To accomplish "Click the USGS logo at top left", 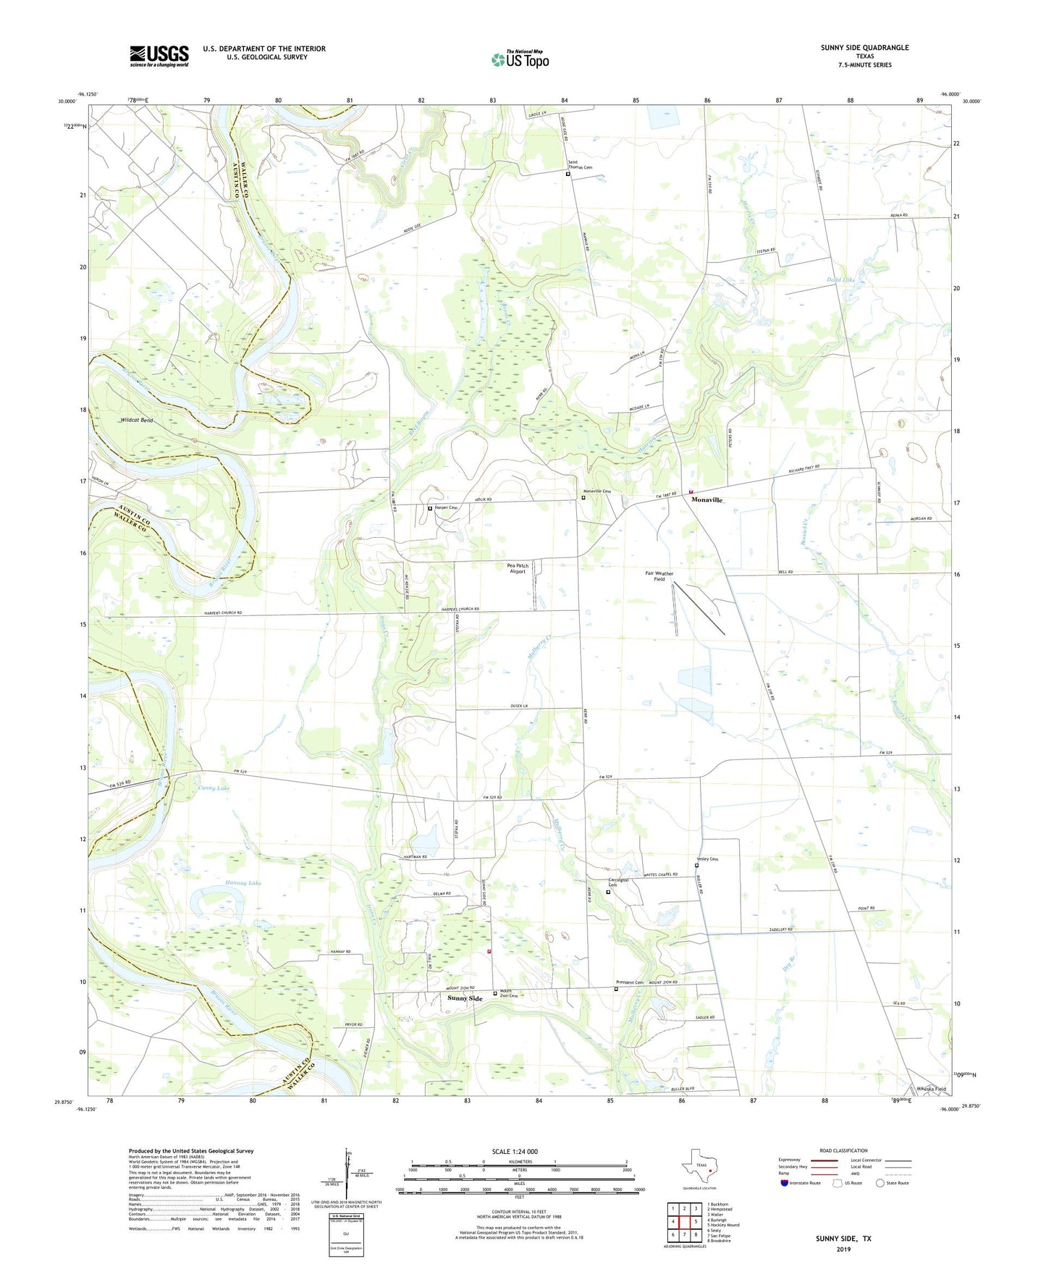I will [x=159, y=56].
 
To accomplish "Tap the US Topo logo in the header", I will [x=520, y=59].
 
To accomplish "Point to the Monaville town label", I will [x=707, y=500].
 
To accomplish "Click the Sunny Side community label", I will [x=465, y=998].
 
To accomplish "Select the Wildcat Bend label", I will [x=136, y=420].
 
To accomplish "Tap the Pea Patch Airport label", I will [x=518, y=568].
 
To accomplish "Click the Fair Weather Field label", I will [x=659, y=576].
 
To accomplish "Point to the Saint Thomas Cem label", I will [x=580, y=164].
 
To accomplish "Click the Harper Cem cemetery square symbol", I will [x=430, y=509].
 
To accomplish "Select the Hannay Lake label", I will [x=223, y=883].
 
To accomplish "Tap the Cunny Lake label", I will [x=214, y=788].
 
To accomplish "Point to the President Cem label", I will [x=630, y=982].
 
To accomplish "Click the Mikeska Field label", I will [x=931, y=1089].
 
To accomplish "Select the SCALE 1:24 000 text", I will [x=515, y=1152].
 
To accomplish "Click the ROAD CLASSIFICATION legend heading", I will [x=843, y=1150].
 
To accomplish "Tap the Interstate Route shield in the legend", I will [x=785, y=1183].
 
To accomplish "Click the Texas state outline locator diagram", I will [x=699, y=1166].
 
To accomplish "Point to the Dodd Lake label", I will [x=840, y=279].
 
